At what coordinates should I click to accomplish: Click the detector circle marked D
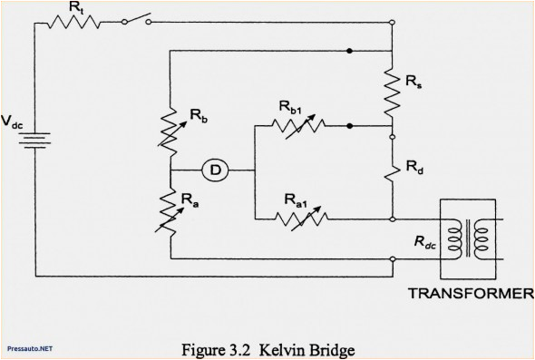click(x=215, y=170)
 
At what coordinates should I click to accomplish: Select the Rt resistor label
click(x=76, y=9)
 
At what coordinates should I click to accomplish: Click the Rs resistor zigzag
click(x=392, y=89)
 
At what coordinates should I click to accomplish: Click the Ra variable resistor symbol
click(x=170, y=209)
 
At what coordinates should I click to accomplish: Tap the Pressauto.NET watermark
click(x=28, y=347)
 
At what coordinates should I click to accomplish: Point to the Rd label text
click(x=414, y=167)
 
